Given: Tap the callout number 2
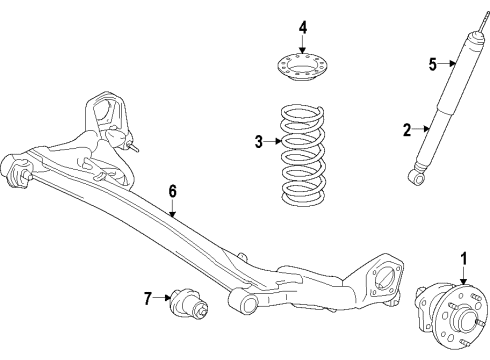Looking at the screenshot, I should point(407,128).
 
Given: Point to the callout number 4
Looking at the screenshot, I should point(303,26).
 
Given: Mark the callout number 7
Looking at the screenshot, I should point(147,297).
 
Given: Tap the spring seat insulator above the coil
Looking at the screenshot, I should point(303,73).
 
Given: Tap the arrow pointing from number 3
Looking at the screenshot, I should point(272,142).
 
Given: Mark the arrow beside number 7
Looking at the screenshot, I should point(163,297).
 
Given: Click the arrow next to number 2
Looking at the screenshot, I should point(422,128).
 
